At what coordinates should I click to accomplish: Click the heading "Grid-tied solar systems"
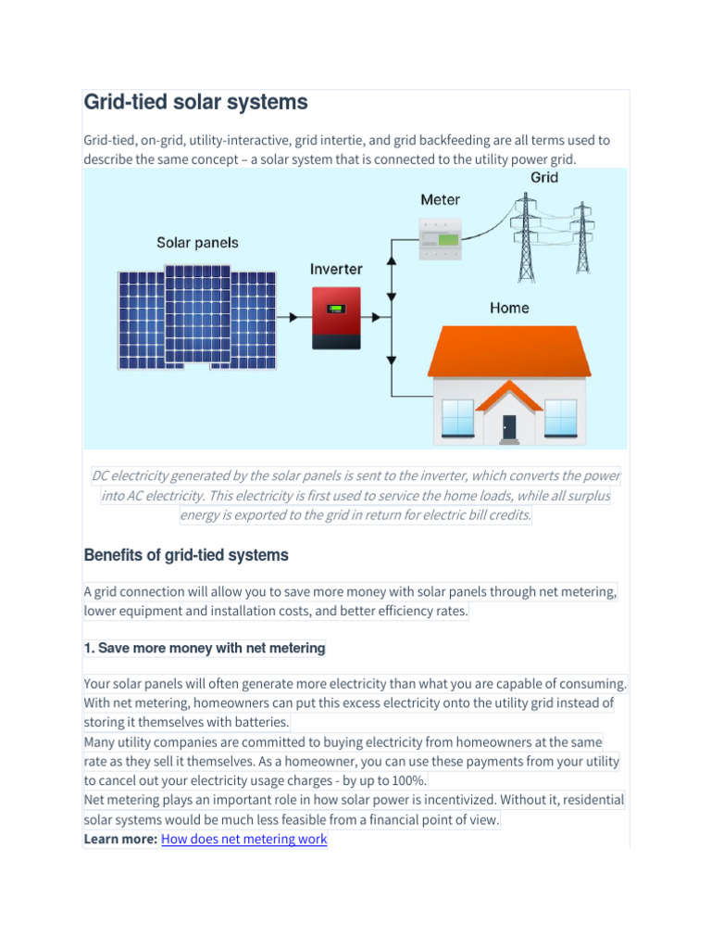tap(195, 102)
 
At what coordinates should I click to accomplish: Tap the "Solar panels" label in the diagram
tap(197, 243)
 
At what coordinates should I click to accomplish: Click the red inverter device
tap(336, 317)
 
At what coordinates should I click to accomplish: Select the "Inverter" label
tap(336, 269)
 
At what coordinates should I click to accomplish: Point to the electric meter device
tap(440, 239)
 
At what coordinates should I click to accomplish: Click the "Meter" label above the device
tap(440, 199)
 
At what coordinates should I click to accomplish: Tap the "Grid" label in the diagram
tap(544, 177)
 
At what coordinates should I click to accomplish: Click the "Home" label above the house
tap(508, 308)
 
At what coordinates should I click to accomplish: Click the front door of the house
tap(509, 427)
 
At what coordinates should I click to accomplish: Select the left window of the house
tap(458, 417)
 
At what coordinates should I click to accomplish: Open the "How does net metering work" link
tap(243, 840)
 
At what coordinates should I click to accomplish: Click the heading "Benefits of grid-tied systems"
tap(186, 555)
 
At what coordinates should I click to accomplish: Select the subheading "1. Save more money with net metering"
tap(205, 649)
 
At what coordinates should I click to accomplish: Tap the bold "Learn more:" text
tap(120, 840)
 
